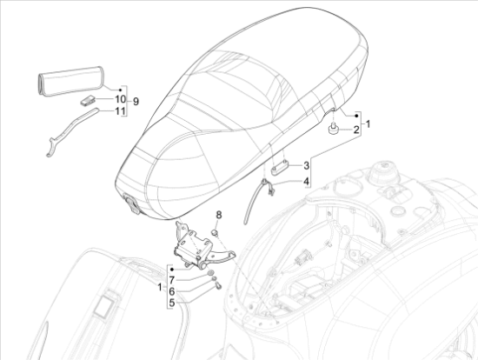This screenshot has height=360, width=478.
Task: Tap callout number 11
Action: point(118,111)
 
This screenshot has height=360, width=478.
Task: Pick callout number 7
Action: point(172,278)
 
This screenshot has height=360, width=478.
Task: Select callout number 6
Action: point(172,290)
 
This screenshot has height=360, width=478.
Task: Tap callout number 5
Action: point(172,303)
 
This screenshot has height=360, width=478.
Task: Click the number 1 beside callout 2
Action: point(368,123)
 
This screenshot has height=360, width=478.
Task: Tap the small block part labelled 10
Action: point(88,101)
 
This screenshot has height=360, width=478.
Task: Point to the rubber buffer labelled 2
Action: point(332,130)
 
